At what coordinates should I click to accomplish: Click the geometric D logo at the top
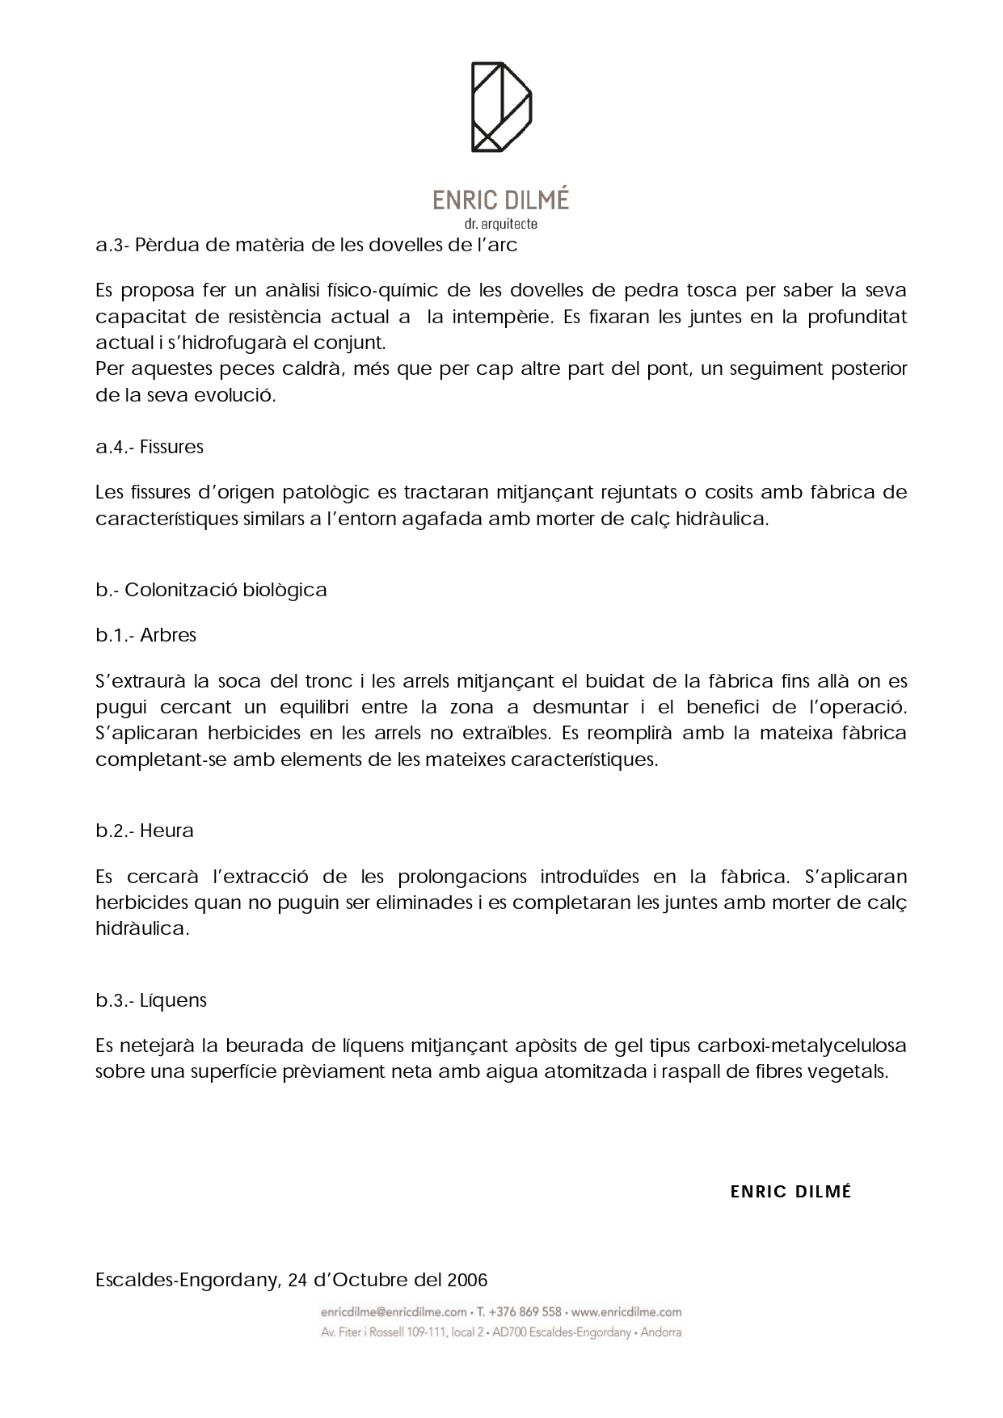click(x=501, y=107)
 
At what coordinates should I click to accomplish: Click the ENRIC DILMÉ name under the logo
click(x=501, y=200)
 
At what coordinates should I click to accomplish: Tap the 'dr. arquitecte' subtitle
click(x=501, y=224)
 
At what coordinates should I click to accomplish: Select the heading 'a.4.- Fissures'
click(x=150, y=447)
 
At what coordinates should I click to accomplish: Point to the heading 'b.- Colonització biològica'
click(x=211, y=590)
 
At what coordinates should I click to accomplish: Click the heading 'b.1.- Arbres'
click(x=146, y=635)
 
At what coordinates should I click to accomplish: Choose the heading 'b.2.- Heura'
click(x=145, y=831)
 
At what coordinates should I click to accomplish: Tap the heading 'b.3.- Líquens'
click(x=151, y=1000)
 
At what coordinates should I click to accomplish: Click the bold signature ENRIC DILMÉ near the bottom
click(x=790, y=1192)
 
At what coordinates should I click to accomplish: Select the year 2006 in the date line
click(x=467, y=1281)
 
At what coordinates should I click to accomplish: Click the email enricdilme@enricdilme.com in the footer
click(x=394, y=1312)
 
